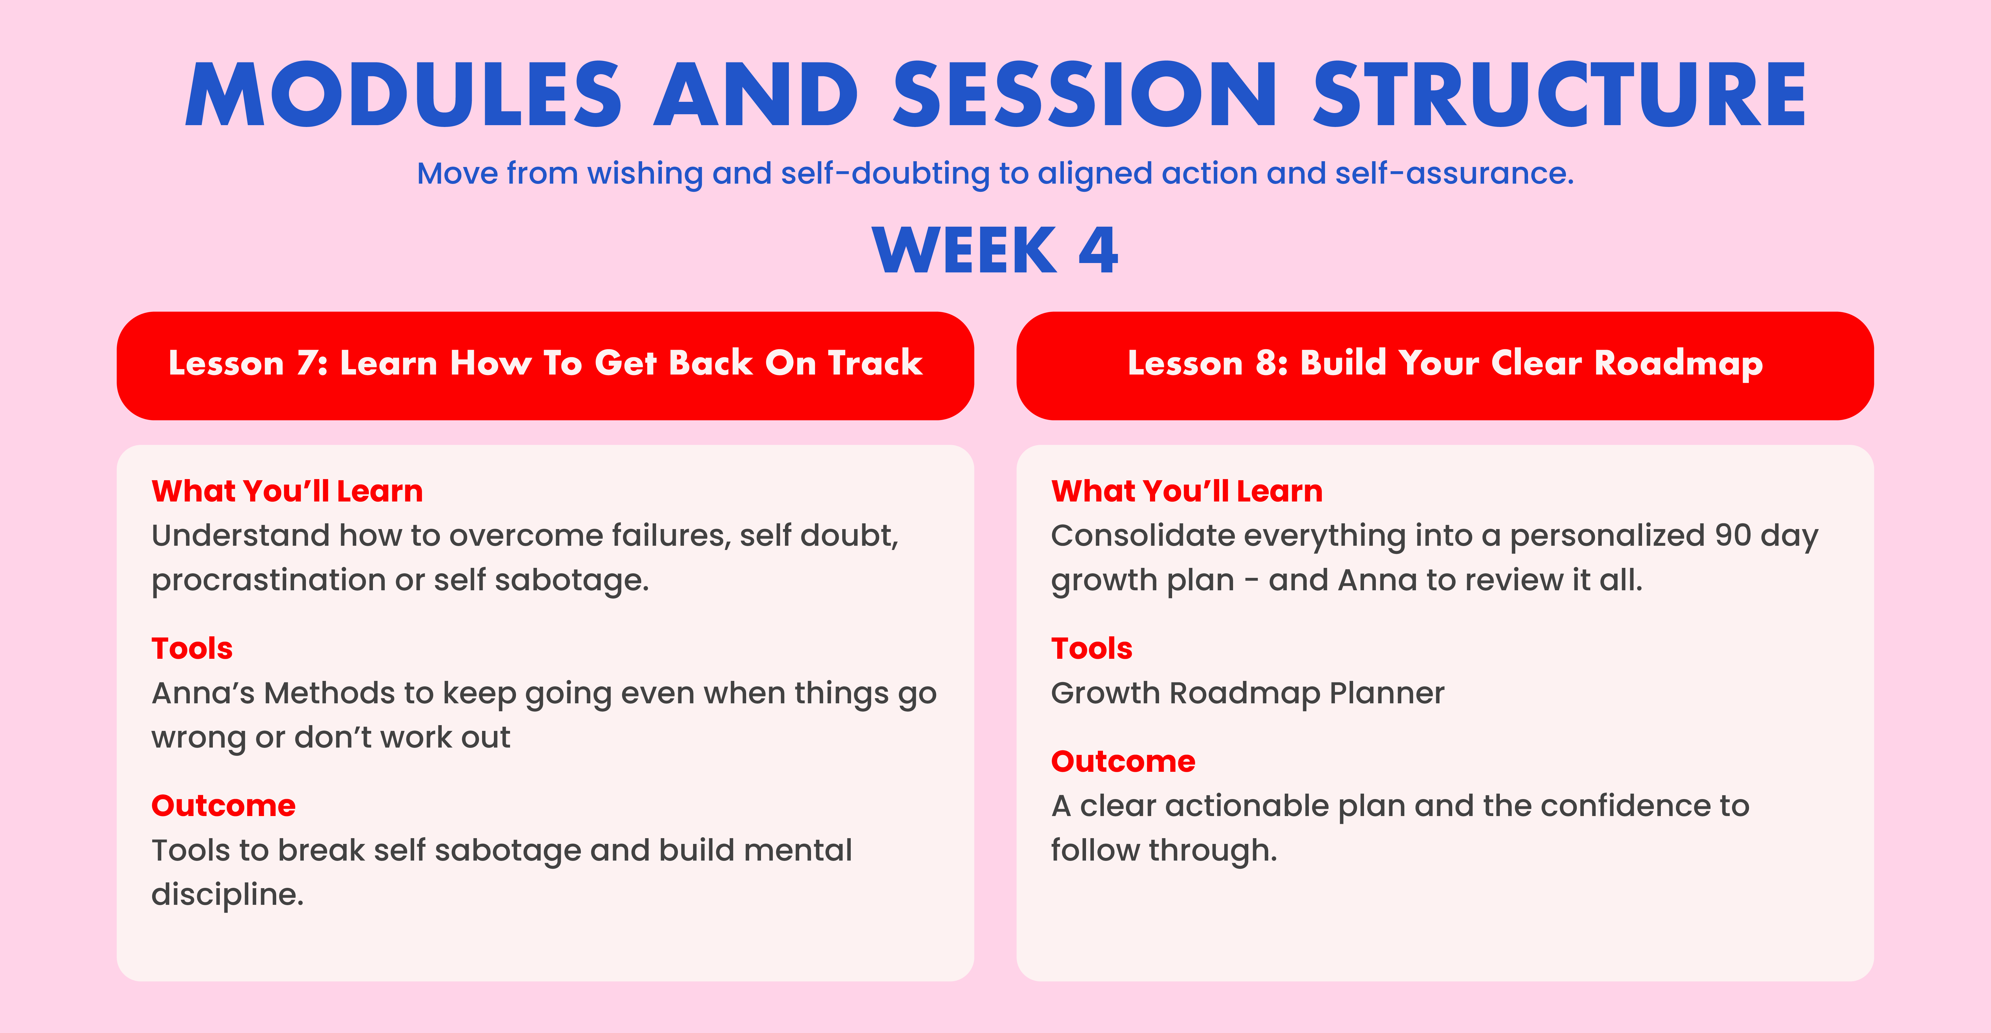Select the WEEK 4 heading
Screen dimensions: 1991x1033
coord(995,250)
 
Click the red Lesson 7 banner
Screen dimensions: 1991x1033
coord(545,365)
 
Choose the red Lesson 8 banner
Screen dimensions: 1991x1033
coord(1445,365)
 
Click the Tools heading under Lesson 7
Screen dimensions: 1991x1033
coord(192,648)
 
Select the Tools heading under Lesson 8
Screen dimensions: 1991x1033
coord(1091,648)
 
